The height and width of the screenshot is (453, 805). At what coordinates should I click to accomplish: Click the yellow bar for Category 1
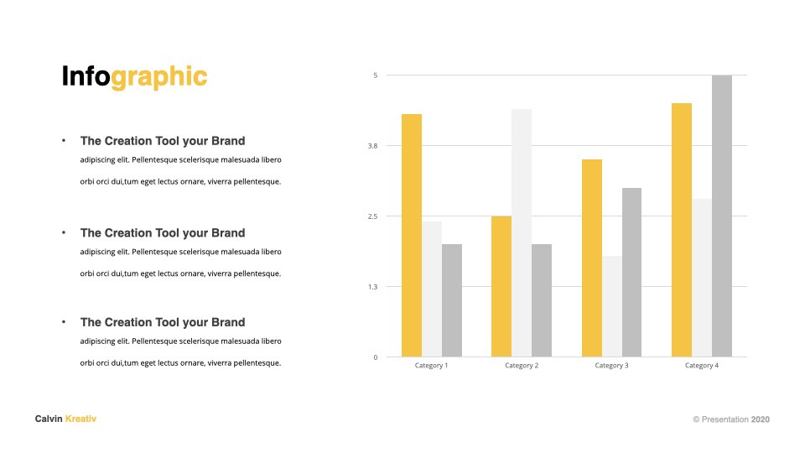point(412,235)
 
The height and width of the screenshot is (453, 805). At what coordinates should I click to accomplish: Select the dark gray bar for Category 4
point(722,216)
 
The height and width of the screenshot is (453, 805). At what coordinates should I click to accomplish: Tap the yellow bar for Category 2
point(501,287)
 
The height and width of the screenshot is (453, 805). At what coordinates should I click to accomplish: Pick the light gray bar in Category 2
point(522,232)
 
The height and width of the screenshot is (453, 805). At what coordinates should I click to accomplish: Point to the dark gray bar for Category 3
point(632,272)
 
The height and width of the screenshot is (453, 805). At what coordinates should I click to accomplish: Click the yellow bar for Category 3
point(592,258)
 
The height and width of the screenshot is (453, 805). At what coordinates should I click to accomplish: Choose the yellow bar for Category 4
point(682,230)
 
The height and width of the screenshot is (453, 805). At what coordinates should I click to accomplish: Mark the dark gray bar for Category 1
point(452,300)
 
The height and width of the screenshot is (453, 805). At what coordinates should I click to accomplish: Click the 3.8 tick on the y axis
point(372,146)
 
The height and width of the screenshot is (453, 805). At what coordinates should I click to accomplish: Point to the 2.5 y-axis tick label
point(372,216)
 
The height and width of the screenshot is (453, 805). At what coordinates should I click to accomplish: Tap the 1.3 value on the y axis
point(372,287)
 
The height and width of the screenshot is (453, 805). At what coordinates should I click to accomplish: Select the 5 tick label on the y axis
point(376,75)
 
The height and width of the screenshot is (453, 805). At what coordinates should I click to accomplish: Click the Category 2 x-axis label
point(522,366)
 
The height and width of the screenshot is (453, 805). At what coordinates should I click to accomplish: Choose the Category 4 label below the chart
point(702,366)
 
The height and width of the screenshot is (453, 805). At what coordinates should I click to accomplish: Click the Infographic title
point(134,77)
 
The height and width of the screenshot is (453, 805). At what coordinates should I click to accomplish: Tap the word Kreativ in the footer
point(80,419)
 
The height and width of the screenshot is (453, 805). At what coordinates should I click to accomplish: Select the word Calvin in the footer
point(49,419)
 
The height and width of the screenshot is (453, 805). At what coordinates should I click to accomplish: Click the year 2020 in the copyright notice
point(761,419)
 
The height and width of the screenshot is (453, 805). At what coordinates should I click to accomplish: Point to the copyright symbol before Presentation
point(696,419)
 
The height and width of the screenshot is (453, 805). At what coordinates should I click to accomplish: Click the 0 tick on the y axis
point(376,357)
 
